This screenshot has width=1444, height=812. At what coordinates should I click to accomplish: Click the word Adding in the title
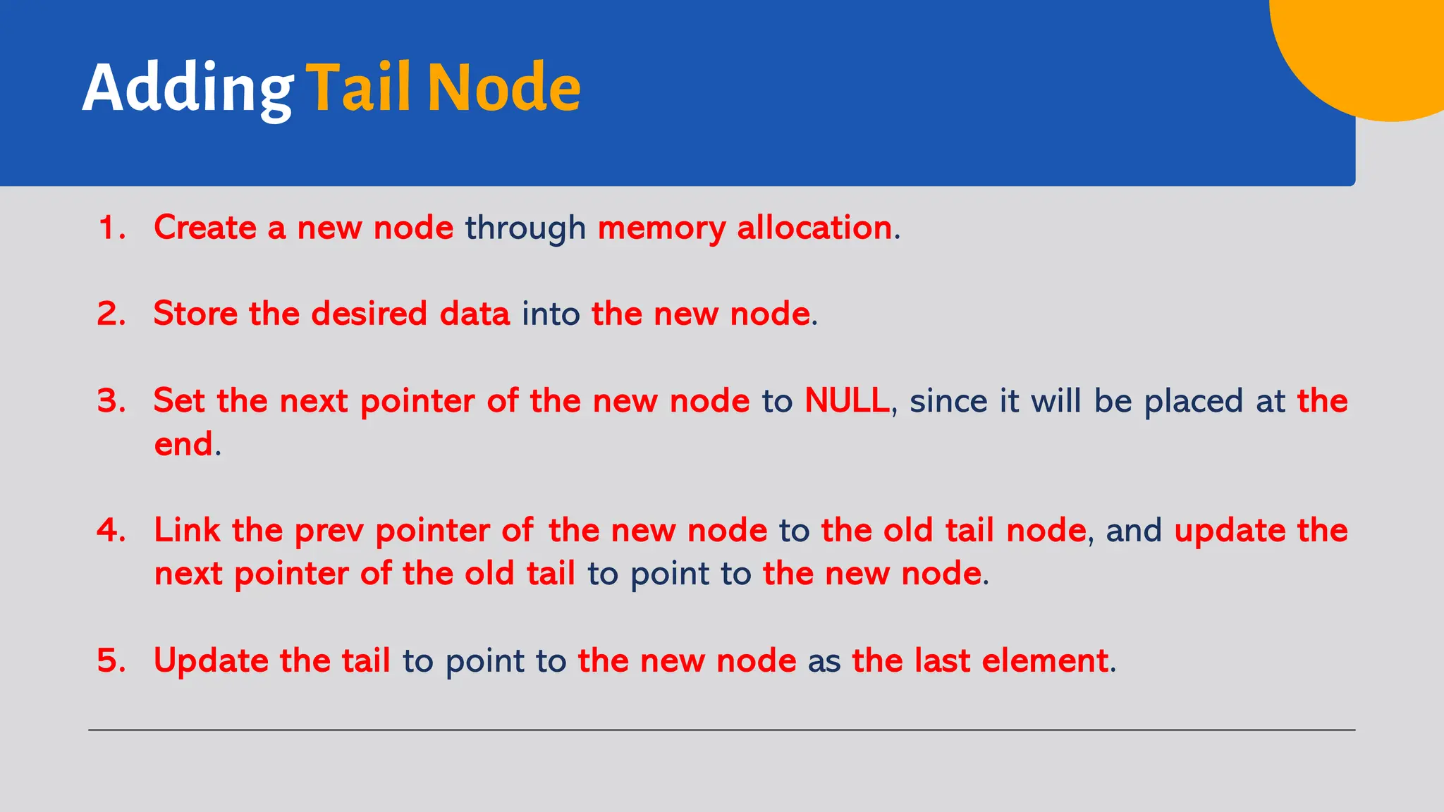point(187,89)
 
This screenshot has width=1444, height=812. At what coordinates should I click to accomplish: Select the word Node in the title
point(503,87)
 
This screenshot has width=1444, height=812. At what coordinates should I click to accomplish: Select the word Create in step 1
point(205,228)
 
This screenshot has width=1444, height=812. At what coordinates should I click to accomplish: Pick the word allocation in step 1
point(814,228)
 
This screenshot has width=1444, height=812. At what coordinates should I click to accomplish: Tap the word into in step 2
point(550,314)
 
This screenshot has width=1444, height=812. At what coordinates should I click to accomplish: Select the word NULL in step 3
point(847,401)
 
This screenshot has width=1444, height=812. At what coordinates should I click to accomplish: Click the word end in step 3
point(183,445)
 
